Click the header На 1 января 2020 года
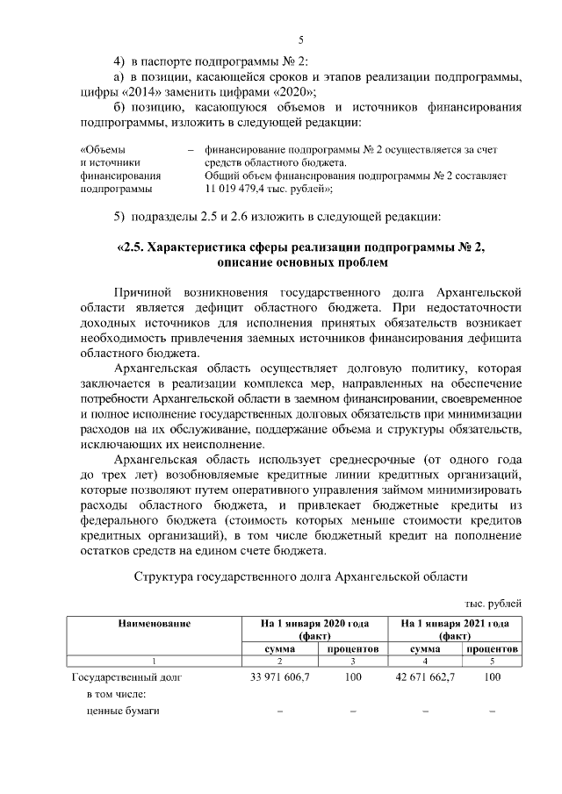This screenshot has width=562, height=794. pyautogui.click(x=313, y=623)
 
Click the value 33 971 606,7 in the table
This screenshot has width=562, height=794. pyautogui.click(x=280, y=676)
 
